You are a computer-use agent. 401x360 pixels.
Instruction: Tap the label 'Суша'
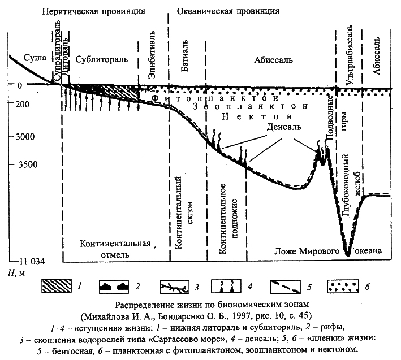(24, 57)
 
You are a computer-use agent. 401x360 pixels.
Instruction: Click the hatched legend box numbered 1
(57, 286)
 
